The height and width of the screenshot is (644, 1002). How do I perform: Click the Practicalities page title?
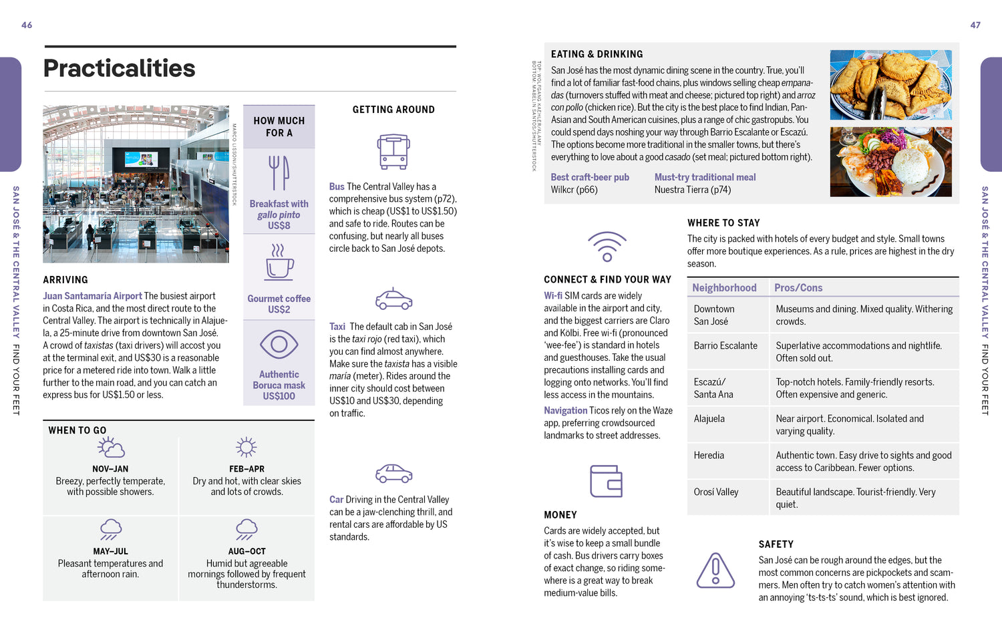(119, 68)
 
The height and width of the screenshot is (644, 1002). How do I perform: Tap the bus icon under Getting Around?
(393, 152)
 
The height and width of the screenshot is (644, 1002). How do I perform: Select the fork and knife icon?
(279, 173)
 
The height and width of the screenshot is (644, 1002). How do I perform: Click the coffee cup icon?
(279, 261)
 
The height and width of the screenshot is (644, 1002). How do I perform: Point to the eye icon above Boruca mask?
(279, 345)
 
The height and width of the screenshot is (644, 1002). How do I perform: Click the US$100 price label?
(279, 396)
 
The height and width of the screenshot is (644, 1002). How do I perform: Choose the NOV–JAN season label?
(110, 469)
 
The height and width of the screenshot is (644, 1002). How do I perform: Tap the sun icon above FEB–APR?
(246, 447)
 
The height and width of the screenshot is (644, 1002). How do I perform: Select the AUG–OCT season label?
(246, 551)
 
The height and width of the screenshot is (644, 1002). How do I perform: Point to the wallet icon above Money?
(606, 481)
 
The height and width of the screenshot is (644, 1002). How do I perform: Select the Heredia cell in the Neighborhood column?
(709, 456)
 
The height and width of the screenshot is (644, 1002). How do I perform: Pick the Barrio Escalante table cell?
(725, 346)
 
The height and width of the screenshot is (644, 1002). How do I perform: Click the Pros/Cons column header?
(798, 288)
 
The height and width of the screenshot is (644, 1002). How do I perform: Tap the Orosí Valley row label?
(716, 492)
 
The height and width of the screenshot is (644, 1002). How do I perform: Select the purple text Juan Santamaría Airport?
(92, 296)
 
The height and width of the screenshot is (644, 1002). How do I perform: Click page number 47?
(975, 25)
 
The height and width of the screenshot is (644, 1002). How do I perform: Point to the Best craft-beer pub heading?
(590, 177)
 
